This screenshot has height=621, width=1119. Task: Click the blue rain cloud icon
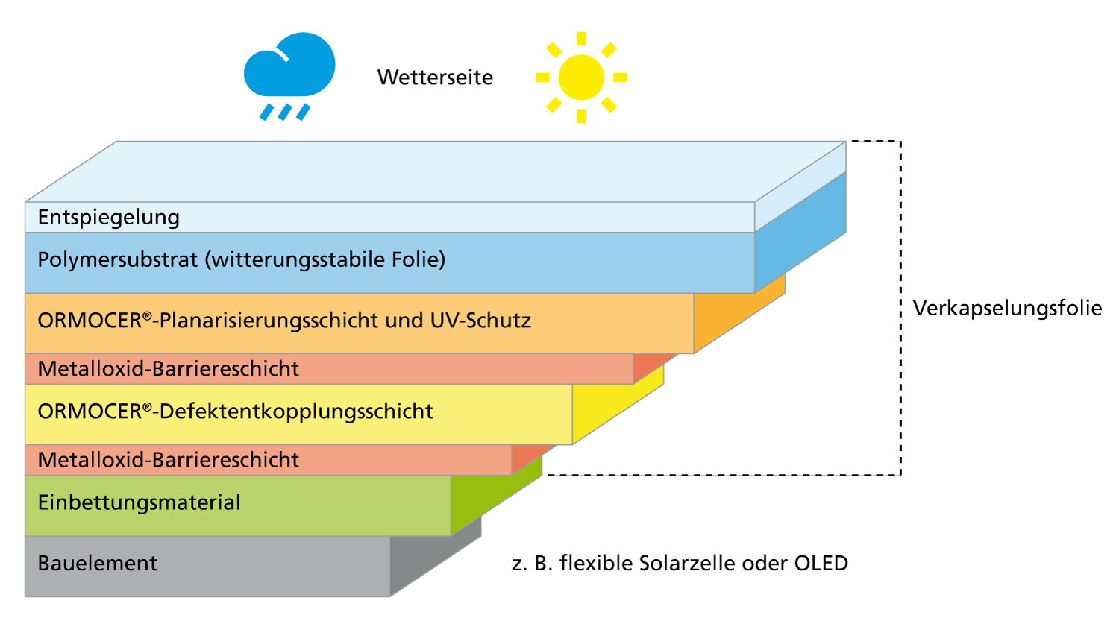(289, 67)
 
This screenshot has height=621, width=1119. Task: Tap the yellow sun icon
(581, 78)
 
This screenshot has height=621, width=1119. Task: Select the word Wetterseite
(435, 78)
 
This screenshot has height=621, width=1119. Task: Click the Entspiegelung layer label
(109, 217)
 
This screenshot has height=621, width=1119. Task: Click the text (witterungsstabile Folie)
(326, 259)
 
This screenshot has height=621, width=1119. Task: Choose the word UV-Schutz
(480, 321)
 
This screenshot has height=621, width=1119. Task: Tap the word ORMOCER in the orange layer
(90, 321)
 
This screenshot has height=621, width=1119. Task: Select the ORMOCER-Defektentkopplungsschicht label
(235, 412)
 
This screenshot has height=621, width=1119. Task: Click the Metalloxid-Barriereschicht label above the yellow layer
(168, 368)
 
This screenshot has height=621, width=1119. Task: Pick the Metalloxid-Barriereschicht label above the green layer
(168, 460)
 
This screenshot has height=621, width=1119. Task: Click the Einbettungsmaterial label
(139, 502)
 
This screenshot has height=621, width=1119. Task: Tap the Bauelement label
(97, 563)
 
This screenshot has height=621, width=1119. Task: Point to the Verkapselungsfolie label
(1007, 308)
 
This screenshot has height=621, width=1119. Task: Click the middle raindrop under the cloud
(284, 112)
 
